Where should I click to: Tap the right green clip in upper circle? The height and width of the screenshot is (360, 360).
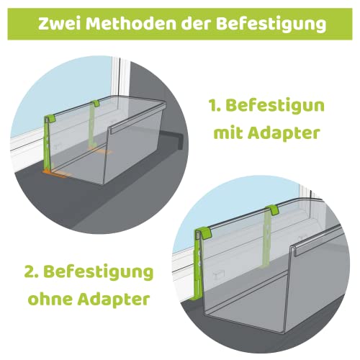[95, 104]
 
